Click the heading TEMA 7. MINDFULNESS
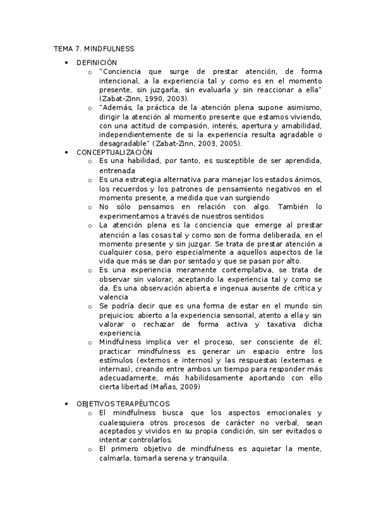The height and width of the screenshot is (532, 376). click(94, 48)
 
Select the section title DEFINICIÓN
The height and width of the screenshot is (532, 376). click(97, 63)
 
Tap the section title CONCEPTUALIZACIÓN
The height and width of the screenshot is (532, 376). click(114, 152)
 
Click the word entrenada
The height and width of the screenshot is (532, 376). click(117, 170)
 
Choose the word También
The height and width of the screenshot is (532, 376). click(291, 206)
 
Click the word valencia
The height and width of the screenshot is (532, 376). click(114, 297)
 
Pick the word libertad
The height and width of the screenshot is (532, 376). click(143, 388)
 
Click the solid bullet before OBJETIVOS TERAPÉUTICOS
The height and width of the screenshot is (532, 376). click(67, 403)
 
